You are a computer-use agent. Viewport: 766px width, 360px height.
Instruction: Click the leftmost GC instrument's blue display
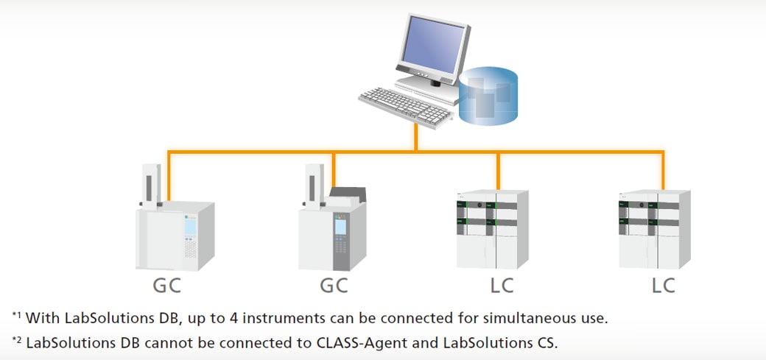click(x=191, y=226)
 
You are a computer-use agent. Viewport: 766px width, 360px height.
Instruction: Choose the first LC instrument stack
click(x=491, y=230)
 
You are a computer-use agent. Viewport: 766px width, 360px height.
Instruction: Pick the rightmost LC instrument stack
click(x=653, y=230)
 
